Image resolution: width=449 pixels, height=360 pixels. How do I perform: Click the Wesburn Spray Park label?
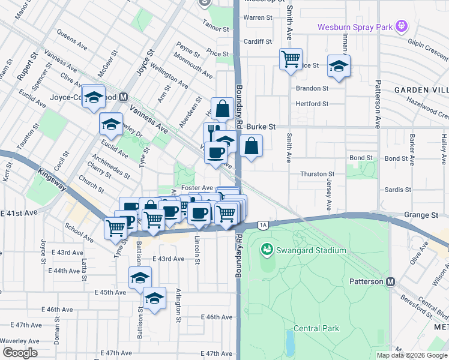pyautogui.click(x=354, y=27)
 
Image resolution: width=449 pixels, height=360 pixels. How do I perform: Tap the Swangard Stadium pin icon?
pyautogui.click(x=267, y=248)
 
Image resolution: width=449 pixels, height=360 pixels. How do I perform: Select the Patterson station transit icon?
pyautogui.click(x=391, y=281)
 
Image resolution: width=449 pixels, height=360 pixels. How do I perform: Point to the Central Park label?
pyautogui.click(x=316, y=328)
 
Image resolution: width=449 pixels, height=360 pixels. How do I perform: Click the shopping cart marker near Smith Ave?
pyautogui.click(x=291, y=59)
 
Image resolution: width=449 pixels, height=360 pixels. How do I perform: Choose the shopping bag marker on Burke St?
pyautogui.click(x=251, y=145)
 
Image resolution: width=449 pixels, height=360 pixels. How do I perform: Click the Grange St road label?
pyautogui.click(x=421, y=215)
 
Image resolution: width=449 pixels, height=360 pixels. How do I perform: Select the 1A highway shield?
pyautogui.click(x=263, y=225)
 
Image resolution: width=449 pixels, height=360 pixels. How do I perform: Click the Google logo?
pyautogui.click(x=19, y=353)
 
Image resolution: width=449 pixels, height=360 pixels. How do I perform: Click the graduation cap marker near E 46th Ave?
pyautogui.click(x=154, y=298)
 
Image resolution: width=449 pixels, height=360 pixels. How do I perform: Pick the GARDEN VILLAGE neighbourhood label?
pyautogui.click(x=421, y=89)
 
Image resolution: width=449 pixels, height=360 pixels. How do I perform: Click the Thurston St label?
pyautogui.click(x=317, y=173)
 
